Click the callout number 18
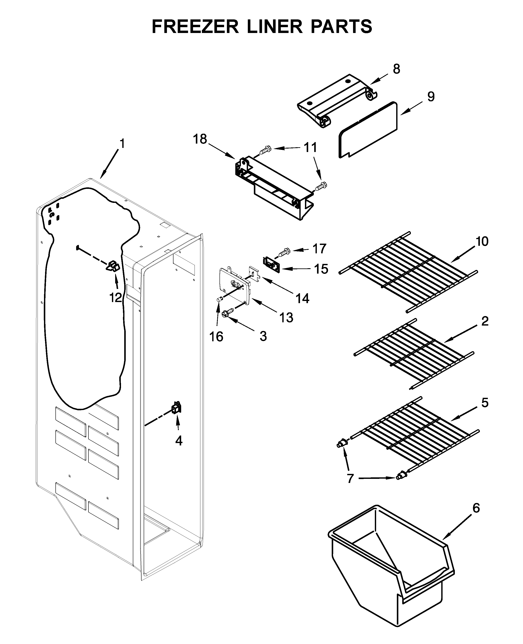[x=200, y=139]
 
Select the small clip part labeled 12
[x=113, y=266]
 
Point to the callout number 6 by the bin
[x=476, y=508]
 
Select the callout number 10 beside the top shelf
[x=482, y=241]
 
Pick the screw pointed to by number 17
[x=284, y=252]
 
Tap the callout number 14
[x=302, y=299]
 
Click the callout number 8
[x=396, y=69]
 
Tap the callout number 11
[x=310, y=148]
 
